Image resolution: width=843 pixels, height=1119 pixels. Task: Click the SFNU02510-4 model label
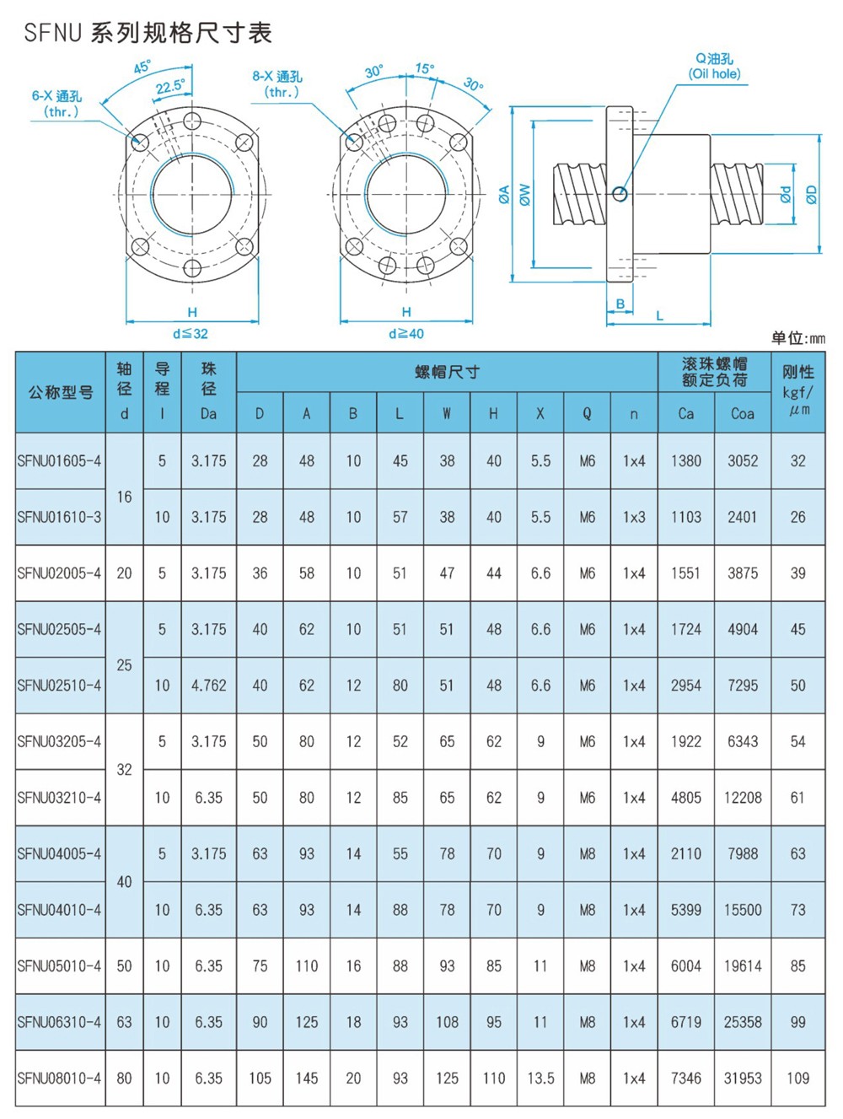(x=59, y=686)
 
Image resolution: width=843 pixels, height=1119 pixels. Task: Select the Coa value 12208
(x=743, y=798)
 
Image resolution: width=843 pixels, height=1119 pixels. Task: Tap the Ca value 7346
(x=685, y=1079)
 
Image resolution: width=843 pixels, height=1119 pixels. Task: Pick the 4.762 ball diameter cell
(x=208, y=686)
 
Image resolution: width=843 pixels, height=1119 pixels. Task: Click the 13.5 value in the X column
(x=540, y=1079)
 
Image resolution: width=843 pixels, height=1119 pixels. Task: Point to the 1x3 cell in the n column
(x=634, y=517)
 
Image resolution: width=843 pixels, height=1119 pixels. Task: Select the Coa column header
(x=743, y=413)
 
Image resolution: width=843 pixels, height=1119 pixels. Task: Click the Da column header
(x=208, y=413)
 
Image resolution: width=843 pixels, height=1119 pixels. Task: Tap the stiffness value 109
(x=797, y=1079)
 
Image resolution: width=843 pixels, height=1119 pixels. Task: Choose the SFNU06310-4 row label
(x=59, y=1022)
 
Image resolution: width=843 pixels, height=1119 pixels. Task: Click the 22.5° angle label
(x=169, y=87)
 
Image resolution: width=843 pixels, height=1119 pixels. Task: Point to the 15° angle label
(x=425, y=68)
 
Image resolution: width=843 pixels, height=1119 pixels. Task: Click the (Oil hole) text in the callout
(x=715, y=74)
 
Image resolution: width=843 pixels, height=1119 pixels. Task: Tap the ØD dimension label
(x=811, y=195)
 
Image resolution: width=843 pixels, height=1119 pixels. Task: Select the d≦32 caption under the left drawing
(x=191, y=334)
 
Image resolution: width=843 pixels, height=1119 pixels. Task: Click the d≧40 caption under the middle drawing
(x=405, y=334)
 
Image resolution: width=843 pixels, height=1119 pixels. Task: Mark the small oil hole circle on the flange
(x=620, y=195)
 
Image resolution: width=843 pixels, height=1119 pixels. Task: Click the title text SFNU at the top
(x=52, y=33)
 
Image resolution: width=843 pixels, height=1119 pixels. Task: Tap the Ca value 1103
(x=685, y=517)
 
